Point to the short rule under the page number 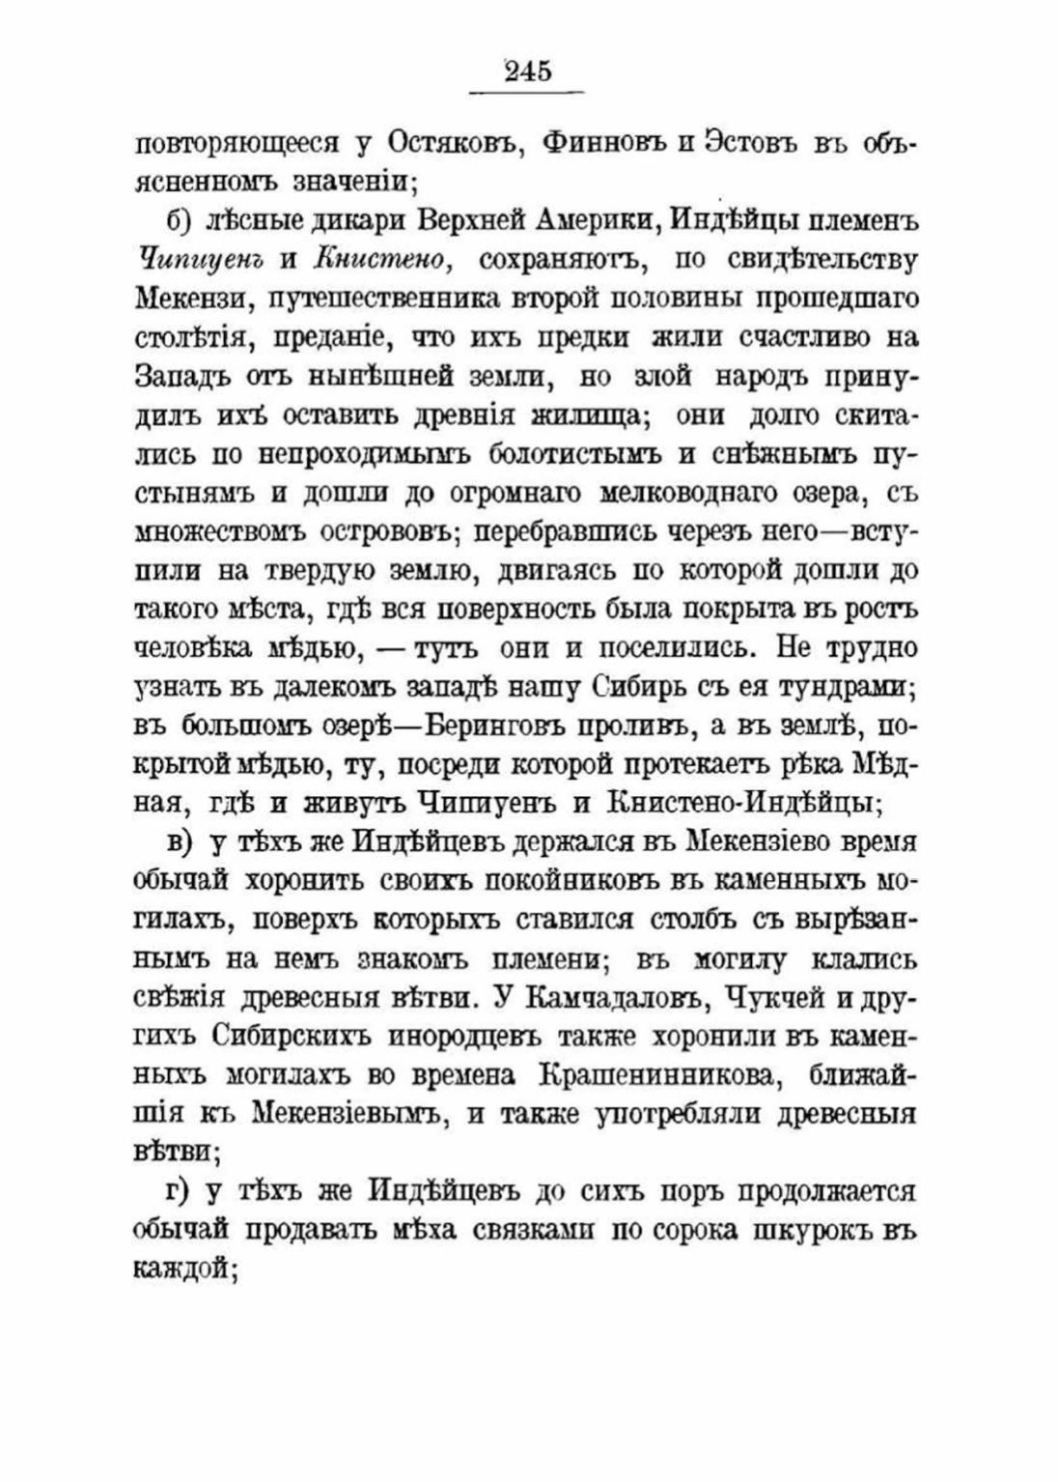527,93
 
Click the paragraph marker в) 181,842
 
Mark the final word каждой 183,1269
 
